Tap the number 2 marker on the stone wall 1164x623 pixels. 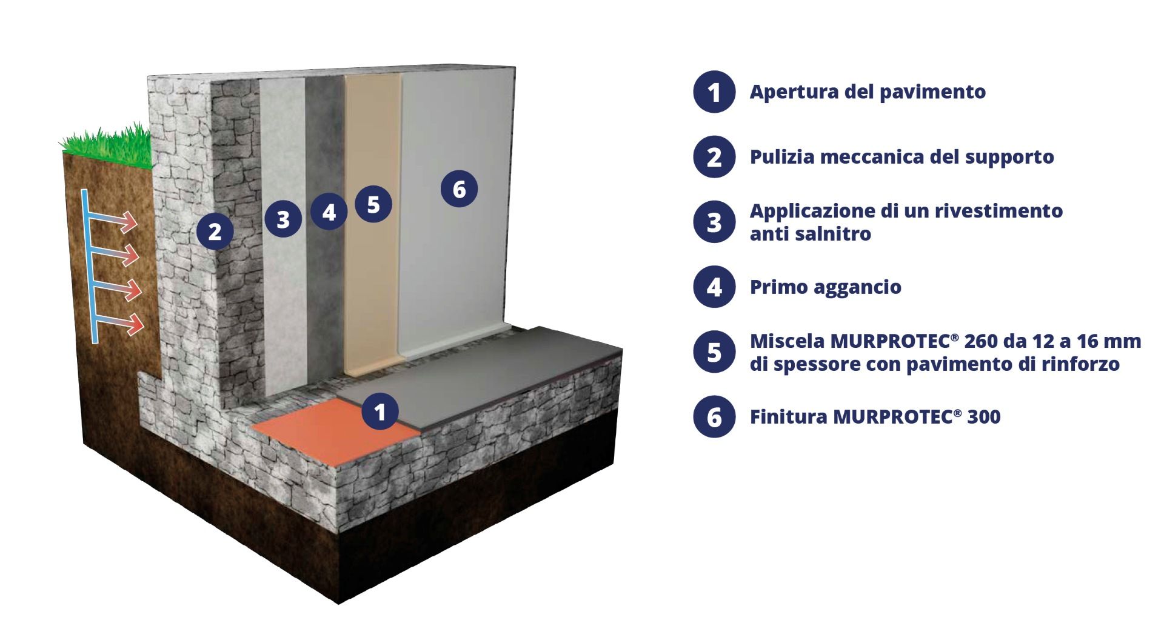(x=215, y=231)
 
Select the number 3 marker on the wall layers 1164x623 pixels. (x=283, y=219)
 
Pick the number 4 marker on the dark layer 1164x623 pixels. (x=329, y=212)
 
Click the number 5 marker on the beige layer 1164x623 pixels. (x=373, y=204)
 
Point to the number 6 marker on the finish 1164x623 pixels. (x=459, y=189)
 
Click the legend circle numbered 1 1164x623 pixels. (x=714, y=92)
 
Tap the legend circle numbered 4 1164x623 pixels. (x=714, y=287)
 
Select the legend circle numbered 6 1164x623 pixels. (x=714, y=417)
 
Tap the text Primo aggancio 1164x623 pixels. (x=826, y=287)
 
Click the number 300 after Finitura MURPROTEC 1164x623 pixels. (x=984, y=417)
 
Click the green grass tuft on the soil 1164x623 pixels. (x=107, y=147)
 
